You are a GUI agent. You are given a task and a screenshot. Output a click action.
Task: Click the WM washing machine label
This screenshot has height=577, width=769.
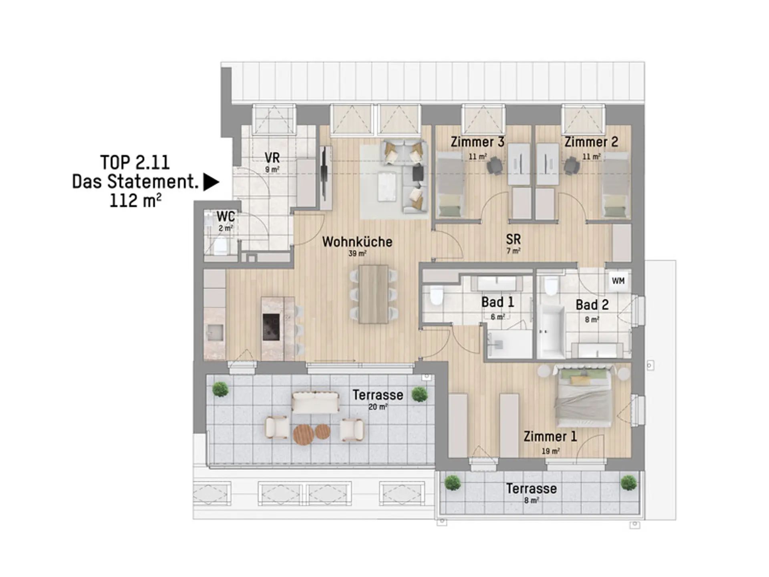[618, 281]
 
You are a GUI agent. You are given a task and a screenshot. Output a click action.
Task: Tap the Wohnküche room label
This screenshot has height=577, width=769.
[357, 242]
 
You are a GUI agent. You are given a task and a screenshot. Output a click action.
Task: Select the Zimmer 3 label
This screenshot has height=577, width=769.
[477, 142]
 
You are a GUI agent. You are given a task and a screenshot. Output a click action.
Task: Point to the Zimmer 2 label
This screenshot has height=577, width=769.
[591, 142]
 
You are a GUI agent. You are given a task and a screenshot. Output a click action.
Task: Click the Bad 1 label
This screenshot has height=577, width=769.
[497, 302]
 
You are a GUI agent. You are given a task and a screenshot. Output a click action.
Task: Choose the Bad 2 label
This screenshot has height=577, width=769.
[592, 305]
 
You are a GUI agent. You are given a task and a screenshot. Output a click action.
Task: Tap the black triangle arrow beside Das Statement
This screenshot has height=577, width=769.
[211, 182]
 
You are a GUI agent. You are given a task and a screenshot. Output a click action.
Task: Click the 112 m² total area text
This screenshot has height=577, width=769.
[135, 200]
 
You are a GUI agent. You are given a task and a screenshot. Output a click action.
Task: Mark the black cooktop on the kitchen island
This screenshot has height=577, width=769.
[271, 327]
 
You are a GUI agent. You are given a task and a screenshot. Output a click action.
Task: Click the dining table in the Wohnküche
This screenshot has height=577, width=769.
[373, 294]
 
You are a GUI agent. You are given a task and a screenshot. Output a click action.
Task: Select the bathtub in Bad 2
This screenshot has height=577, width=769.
[551, 332]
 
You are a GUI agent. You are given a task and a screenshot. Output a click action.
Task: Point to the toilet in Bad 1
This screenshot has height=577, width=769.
[435, 295]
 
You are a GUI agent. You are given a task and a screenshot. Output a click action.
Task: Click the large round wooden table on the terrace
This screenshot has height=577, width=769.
[303, 435]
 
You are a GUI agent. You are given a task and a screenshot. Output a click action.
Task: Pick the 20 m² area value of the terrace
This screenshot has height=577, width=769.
[378, 407]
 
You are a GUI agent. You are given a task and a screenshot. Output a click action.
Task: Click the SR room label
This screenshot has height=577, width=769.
[513, 239]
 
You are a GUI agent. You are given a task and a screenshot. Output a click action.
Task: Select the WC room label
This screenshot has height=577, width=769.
[225, 216]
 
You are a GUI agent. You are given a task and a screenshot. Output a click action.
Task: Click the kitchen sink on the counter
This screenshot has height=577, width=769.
[215, 332]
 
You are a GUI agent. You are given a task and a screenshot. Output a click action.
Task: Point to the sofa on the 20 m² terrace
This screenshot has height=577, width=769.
[315, 403]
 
